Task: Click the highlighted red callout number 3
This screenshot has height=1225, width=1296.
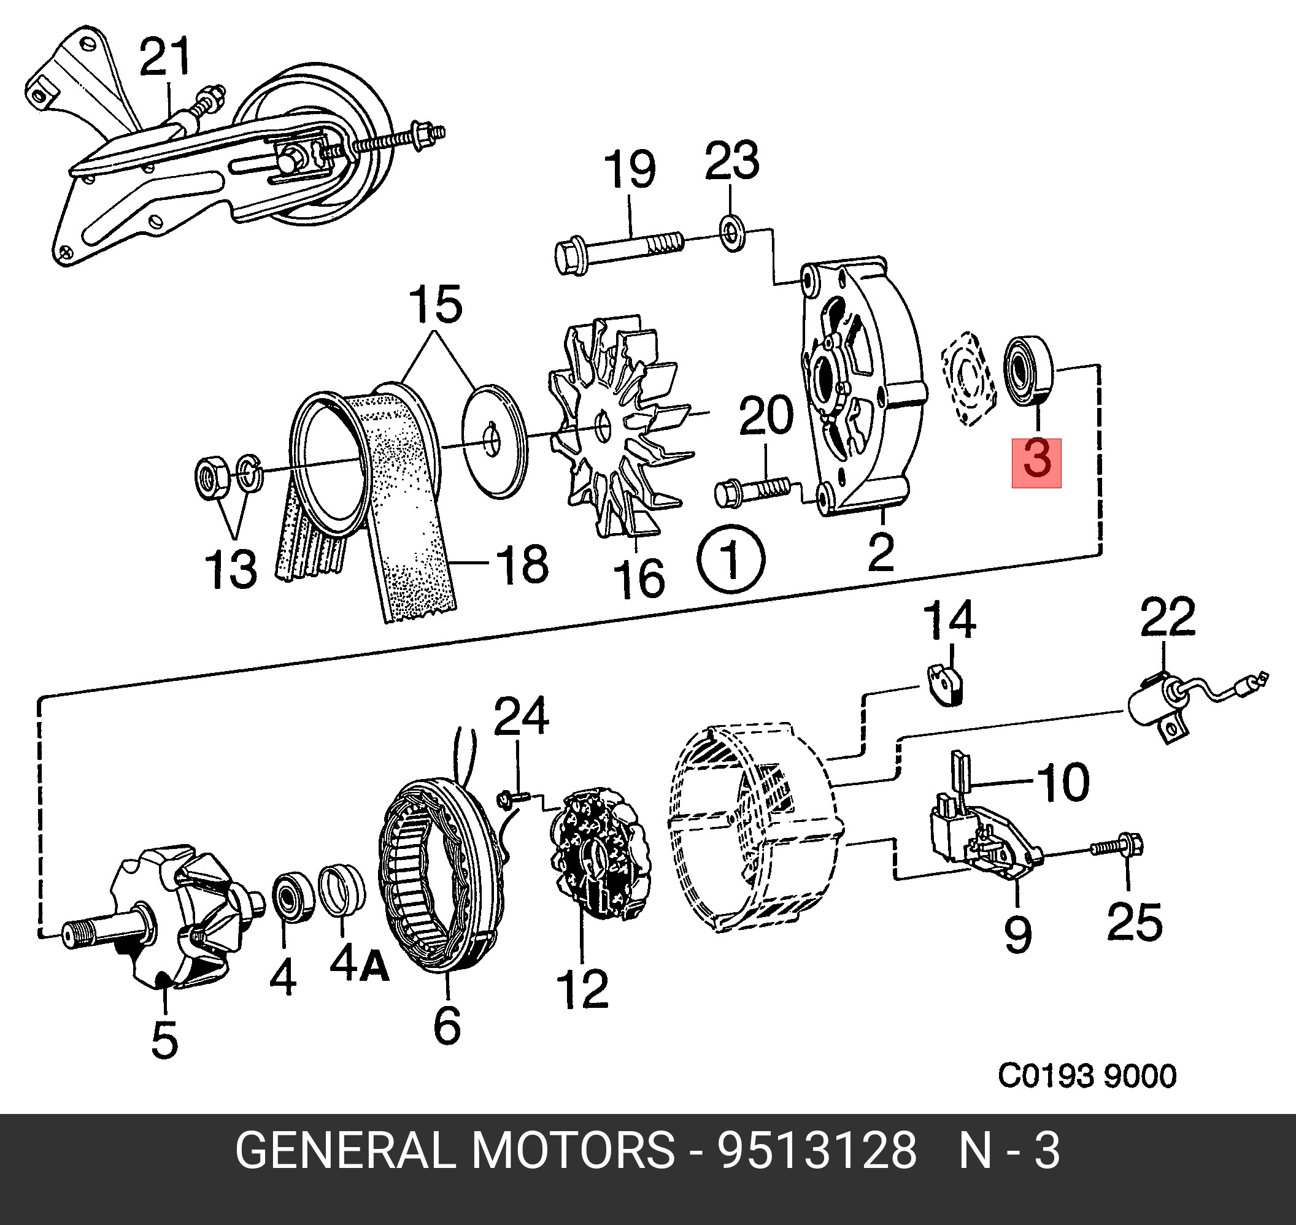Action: (x=1036, y=463)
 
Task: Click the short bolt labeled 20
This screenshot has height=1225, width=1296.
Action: (x=751, y=489)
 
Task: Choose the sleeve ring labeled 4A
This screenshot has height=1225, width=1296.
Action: (x=342, y=889)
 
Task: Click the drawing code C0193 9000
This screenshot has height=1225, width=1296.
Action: (x=1086, y=1076)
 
